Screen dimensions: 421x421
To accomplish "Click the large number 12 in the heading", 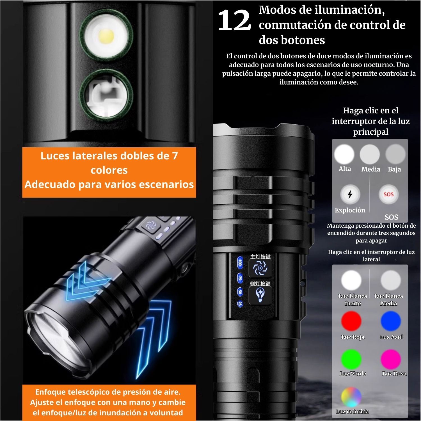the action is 234,20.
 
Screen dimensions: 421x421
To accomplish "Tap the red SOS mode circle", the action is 388,194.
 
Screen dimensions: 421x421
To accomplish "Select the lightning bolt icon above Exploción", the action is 350,194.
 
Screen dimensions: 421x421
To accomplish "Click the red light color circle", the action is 351,321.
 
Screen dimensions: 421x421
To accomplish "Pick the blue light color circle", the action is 391,321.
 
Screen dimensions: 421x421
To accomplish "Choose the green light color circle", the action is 351,359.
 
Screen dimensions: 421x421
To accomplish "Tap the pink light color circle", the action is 391,359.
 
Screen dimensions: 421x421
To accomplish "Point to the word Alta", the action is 345,169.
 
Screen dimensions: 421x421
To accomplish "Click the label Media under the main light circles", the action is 371,169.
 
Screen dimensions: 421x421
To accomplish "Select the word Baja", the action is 394,169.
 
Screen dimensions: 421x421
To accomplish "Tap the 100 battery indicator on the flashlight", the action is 240,263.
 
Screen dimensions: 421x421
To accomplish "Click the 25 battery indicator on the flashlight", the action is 240,304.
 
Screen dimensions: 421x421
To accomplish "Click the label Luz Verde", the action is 353,374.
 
